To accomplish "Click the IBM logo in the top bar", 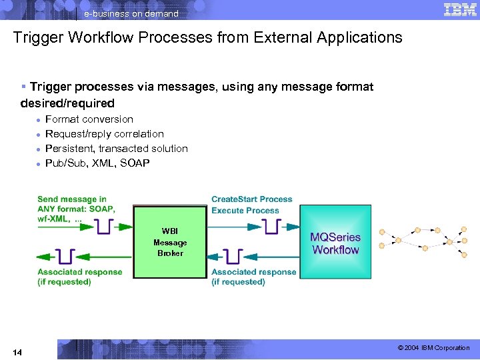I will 459,9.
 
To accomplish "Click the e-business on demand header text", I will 131,13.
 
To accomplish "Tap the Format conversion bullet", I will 89,119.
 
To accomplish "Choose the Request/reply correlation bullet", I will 104,134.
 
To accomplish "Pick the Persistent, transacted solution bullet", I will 116,149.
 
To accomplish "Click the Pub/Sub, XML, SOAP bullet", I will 97,163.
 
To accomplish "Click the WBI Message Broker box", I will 170,242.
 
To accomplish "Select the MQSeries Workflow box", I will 335,243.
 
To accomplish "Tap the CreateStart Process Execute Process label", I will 251,205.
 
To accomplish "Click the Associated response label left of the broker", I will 79,277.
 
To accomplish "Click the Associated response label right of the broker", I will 253,277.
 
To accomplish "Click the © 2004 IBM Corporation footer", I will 433,348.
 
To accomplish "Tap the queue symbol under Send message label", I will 103,227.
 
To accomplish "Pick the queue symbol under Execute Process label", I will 271,227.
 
